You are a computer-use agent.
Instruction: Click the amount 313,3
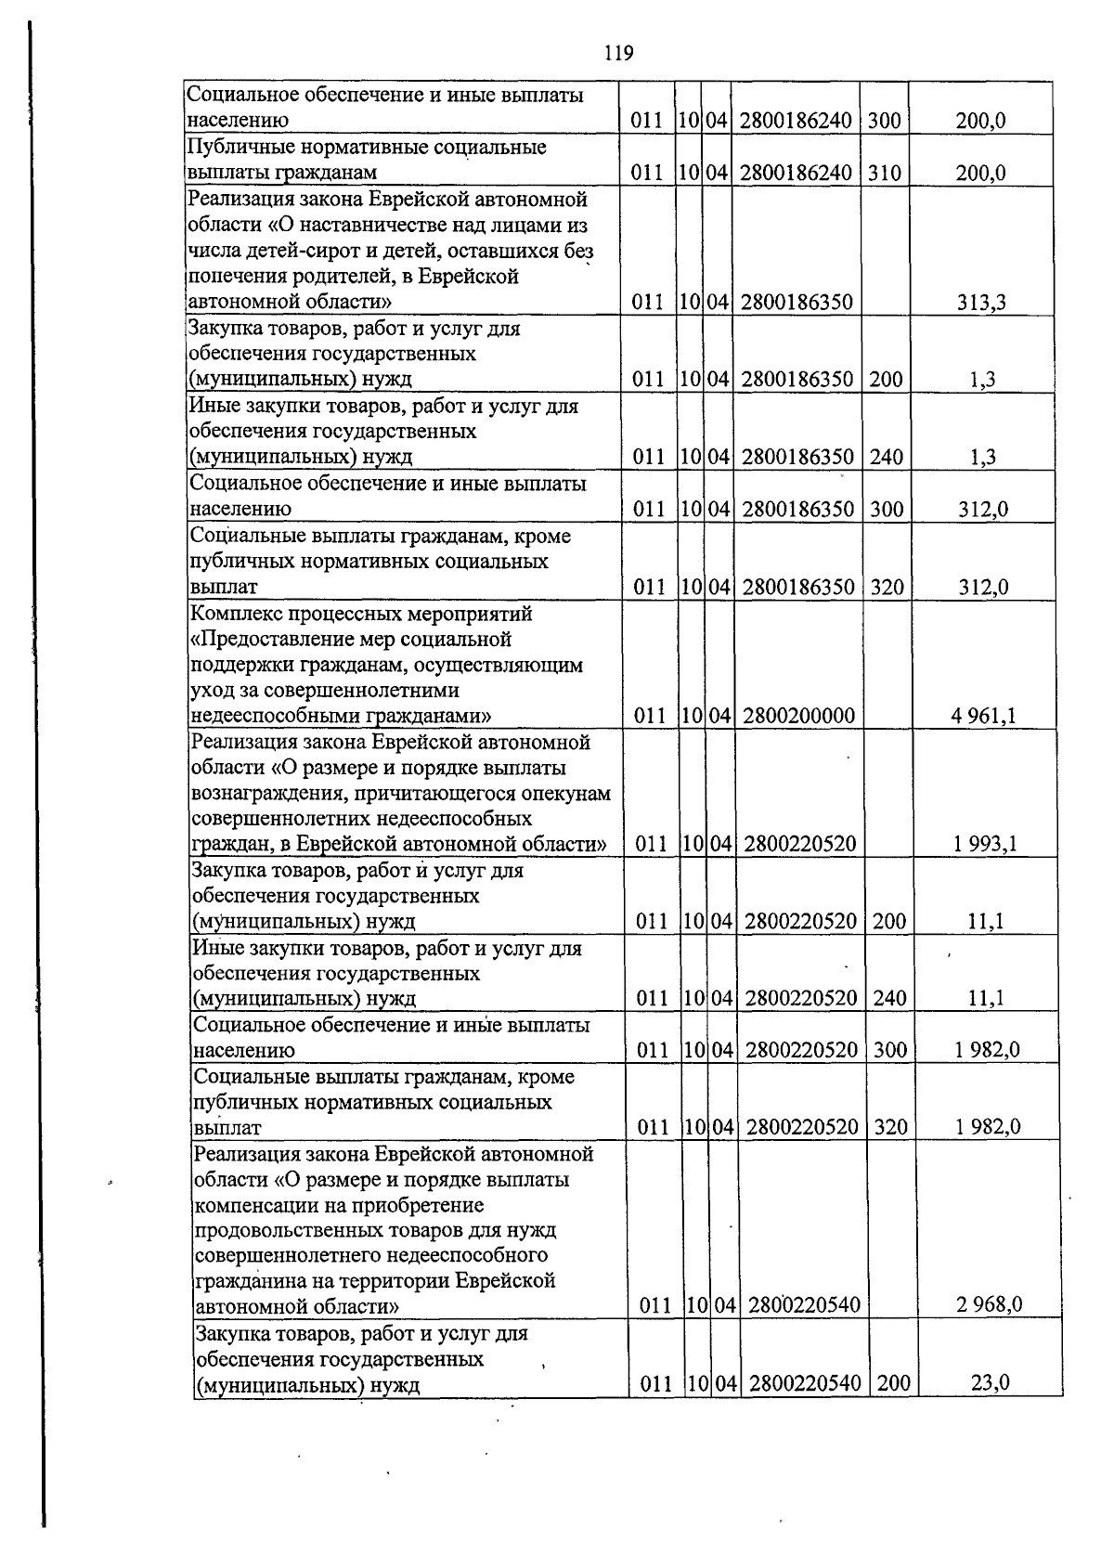[982, 302]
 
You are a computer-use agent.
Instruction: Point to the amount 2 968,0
[990, 1305]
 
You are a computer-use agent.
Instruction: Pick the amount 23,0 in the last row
[990, 1383]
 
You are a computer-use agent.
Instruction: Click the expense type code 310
[885, 173]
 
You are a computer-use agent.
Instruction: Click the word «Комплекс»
[236, 615]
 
